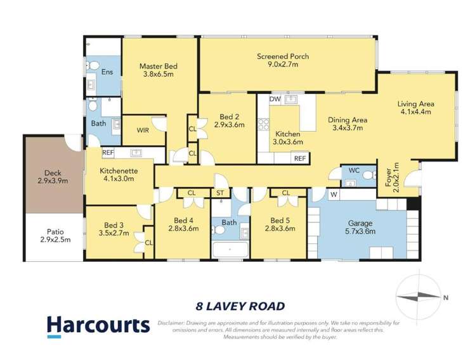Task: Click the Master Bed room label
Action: pos(159,67)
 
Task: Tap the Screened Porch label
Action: pos(283,56)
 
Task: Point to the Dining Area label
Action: pos(348,119)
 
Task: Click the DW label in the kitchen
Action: pos(275,100)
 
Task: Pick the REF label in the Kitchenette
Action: pos(108,152)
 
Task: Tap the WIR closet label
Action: pos(143,130)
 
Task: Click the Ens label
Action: pos(107,72)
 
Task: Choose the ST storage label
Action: pos(221,193)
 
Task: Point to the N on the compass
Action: pos(446,297)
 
